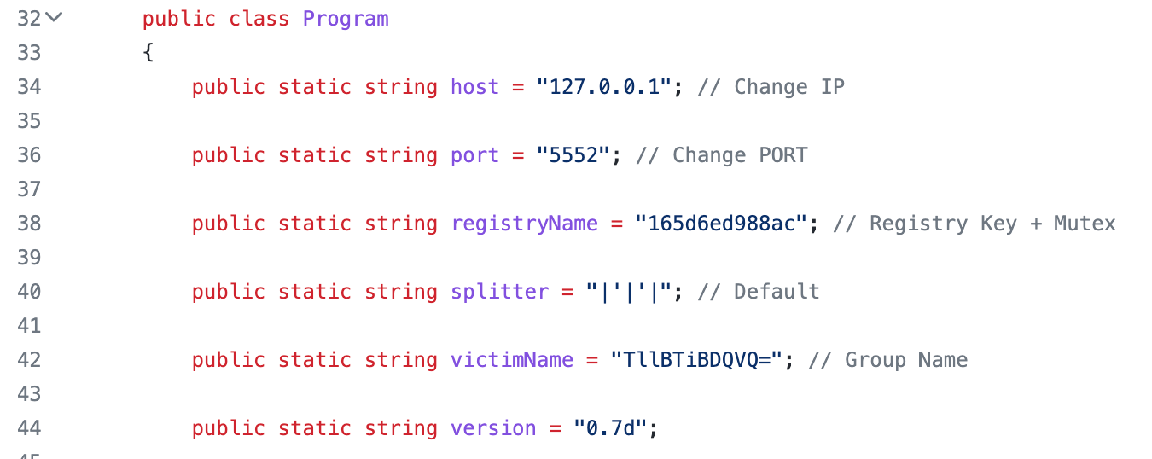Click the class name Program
[346, 20]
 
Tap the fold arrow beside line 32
[54, 18]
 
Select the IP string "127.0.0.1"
[604, 87]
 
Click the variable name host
[474, 87]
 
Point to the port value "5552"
[573, 154]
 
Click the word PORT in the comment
[783, 154]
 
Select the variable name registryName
[525, 224]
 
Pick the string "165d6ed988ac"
[721, 223]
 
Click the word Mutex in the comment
[1085, 223]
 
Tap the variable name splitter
[499, 292]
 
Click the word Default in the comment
[777, 292]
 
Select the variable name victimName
[512, 360]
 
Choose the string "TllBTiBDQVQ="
[696, 360]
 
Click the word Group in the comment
[876, 360]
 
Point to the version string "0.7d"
[610, 427]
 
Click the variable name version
[493, 428]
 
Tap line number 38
[29, 223]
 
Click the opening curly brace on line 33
[148, 52]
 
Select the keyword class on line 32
[259, 19]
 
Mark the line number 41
[29, 325]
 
